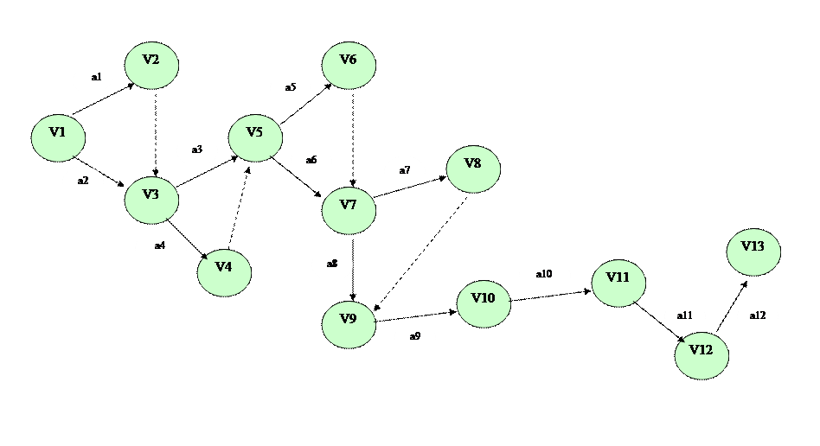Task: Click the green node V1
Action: [58, 137]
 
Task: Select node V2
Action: [151, 65]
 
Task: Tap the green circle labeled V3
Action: [151, 200]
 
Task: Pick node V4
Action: [224, 272]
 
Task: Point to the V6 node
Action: [349, 65]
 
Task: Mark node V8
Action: [473, 169]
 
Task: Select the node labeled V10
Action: [484, 303]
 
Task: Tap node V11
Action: [618, 283]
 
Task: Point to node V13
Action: [753, 252]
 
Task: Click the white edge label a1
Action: [94, 79]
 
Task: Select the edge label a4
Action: [160, 248]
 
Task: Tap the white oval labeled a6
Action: [311, 161]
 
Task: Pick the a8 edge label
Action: [332, 264]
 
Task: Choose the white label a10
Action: [544, 276]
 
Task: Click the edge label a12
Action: [757, 316]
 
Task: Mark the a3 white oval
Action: [197, 150]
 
